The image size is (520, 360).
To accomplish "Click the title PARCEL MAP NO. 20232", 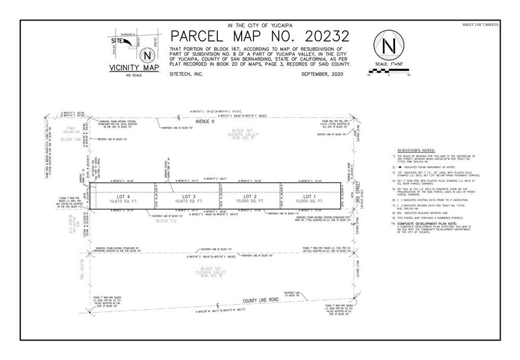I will point(259,37).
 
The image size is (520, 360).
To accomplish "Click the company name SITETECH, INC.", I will point(186,74).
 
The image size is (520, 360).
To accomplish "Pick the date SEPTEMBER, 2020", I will point(325,74).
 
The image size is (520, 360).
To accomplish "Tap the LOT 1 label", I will point(310,196).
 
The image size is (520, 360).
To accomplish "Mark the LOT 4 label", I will point(121,196).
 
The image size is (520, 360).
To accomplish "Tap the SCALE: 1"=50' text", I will point(388,66).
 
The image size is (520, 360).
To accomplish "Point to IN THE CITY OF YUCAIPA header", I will point(259,25).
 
